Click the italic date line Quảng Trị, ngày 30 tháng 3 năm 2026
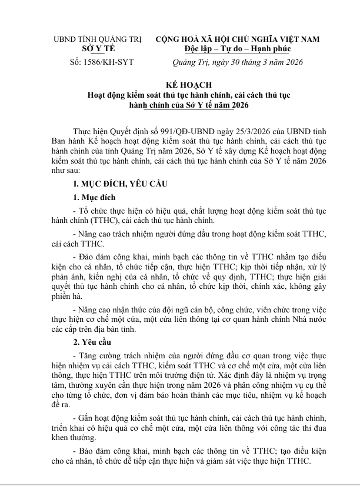pyautogui.click(x=237, y=61)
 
